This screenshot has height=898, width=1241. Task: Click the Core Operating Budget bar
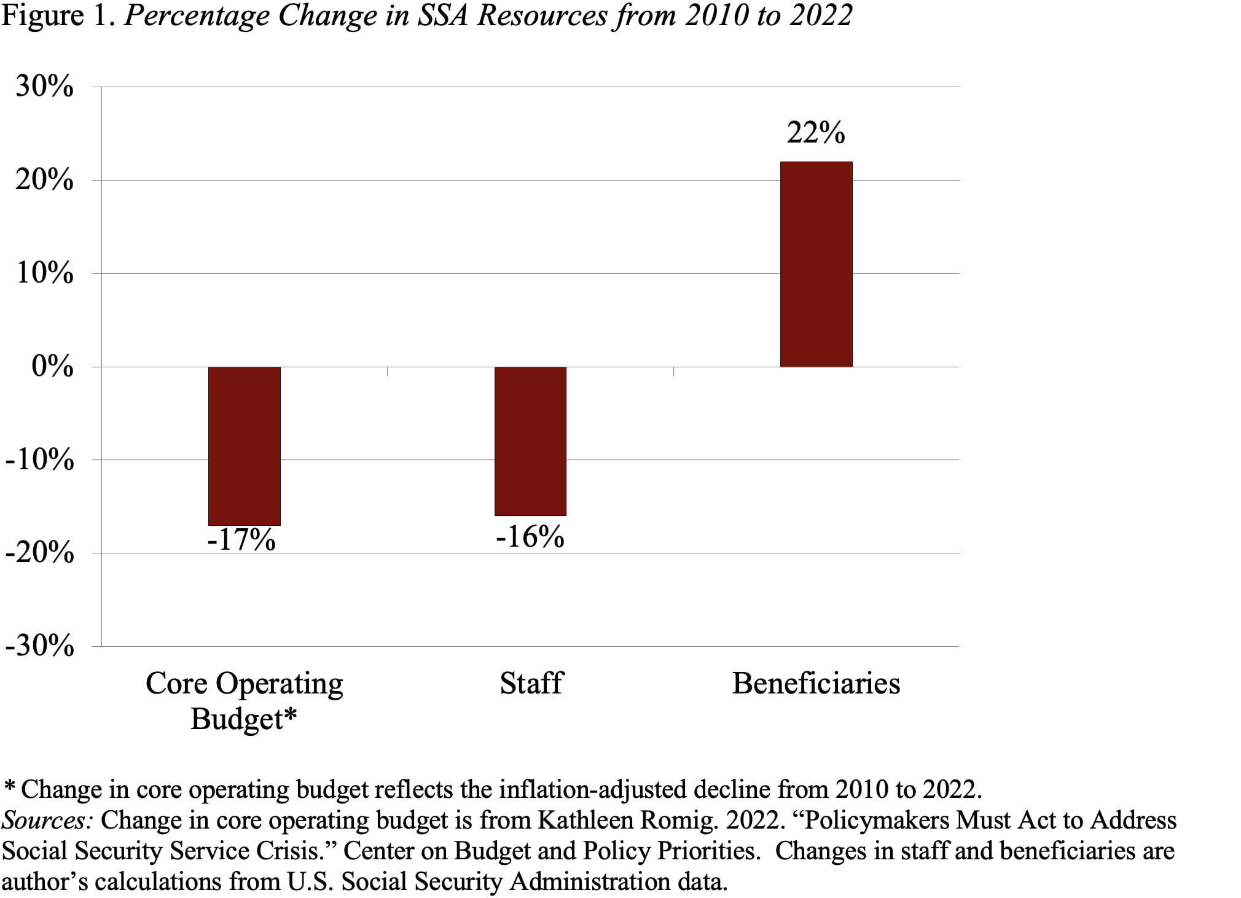pos(244,446)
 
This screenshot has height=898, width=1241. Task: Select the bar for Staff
pos(530,441)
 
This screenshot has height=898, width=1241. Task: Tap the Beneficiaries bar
pos(816,264)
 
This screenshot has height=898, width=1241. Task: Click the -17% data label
pos(241,540)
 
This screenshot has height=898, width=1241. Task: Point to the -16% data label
pos(530,536)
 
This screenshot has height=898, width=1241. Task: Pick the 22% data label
pos(816,133)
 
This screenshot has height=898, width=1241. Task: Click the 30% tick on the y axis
pos(44,87)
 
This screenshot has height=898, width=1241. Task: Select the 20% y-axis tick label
pos(44,181)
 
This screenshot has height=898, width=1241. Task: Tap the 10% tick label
pos(44,273)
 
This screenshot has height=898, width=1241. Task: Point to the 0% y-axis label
pos(52,367)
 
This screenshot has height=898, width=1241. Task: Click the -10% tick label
pos(39,459)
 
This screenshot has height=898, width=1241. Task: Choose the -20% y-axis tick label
pos(39,553)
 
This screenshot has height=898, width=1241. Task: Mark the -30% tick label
pos(39,646)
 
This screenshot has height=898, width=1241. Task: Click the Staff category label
pos(531,683)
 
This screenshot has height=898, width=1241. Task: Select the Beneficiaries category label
pos(816,683)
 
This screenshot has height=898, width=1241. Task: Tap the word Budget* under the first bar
pos(243,719)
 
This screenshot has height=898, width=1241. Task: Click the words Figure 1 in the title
pos(59,15)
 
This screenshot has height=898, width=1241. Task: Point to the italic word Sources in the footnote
pos(46,820)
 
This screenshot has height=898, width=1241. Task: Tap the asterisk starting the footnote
pos(9,786)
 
